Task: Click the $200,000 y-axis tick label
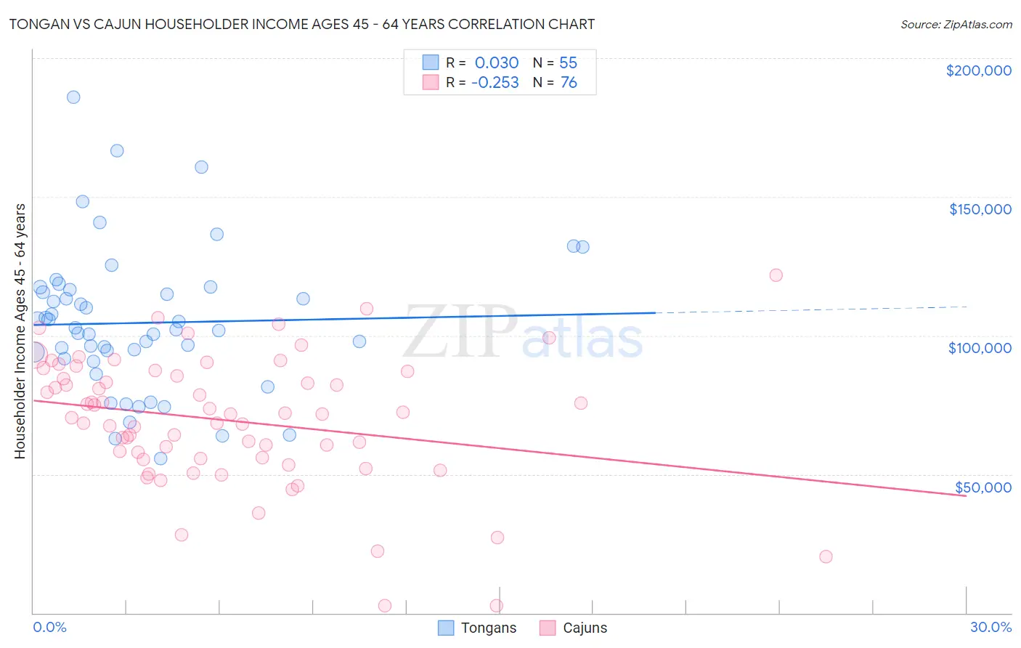978,70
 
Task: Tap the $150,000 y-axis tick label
980,209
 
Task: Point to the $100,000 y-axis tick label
980,348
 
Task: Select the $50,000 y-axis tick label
983,487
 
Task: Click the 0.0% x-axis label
49,627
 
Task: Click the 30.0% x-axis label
991,627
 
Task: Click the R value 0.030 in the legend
497,63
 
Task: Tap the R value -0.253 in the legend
495,83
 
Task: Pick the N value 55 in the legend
568,63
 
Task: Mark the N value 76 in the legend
569,83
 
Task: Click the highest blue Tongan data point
73,97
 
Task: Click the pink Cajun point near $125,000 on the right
776,275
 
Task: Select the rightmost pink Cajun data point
826,556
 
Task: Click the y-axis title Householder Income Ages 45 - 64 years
20,331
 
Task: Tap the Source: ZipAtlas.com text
956,25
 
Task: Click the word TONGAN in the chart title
38,25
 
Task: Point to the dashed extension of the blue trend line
813,309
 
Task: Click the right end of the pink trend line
965,495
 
